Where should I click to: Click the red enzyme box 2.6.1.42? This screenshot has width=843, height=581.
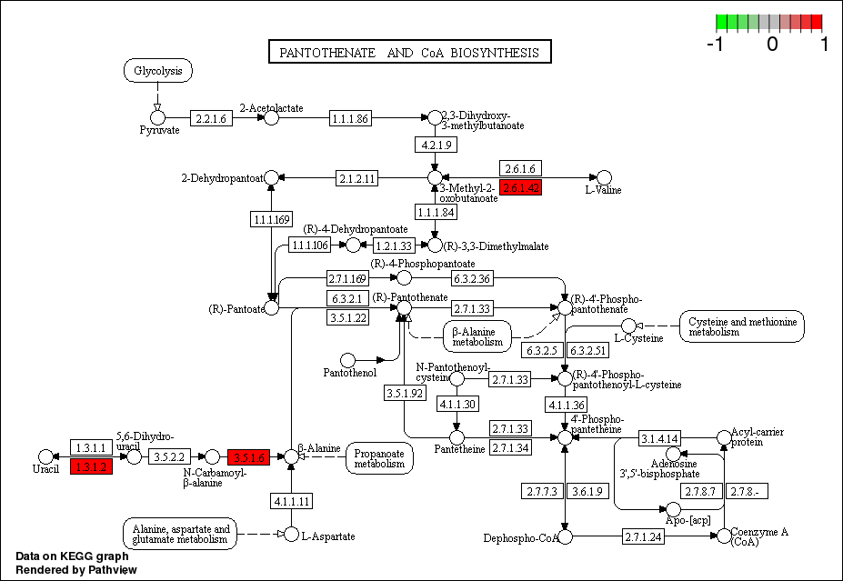tap(521, 187)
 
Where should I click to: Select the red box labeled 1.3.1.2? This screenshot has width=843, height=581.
tap(91, 467)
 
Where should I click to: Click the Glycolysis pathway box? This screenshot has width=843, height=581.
tap(158, 71)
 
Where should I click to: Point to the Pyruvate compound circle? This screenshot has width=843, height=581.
tap(158, 116)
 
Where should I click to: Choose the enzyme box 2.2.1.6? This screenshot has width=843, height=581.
tap(211, 117)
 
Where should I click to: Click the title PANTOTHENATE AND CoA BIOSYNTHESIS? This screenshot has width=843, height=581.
tap(409, 53)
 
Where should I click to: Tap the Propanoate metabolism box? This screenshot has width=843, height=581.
tap(380, 457)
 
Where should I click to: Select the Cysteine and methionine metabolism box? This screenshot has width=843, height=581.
tap(742, 326)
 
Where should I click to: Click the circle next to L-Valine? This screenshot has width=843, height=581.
tap(604, 177)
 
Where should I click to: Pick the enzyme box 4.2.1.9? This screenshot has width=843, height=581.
tap(435, 145)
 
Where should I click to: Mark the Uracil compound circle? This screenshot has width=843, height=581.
tap(45, 456)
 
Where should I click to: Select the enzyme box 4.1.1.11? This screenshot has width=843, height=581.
tap(291, 501)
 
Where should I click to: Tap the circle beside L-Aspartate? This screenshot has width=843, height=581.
tap(291, 535)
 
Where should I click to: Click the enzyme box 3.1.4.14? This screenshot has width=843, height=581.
tap(659, 439)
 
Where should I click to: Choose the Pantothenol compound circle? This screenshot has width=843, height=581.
tap(347, 361)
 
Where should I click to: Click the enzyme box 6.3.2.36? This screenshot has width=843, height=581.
tap(473, 277)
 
